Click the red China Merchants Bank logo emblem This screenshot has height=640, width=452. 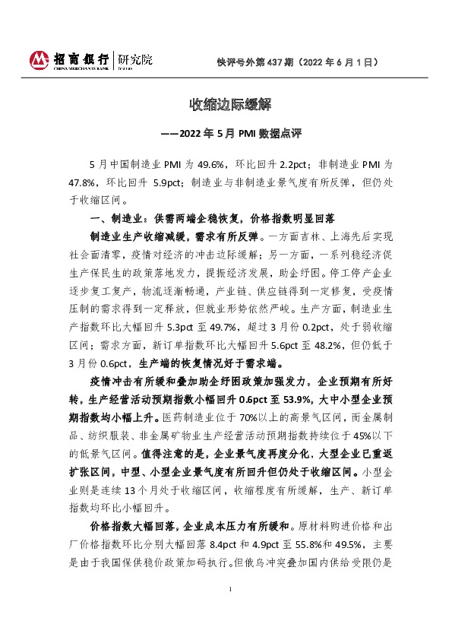(39, 59)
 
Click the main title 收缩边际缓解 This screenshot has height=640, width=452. (226, 103)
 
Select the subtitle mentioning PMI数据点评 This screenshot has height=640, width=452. (226, 133)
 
